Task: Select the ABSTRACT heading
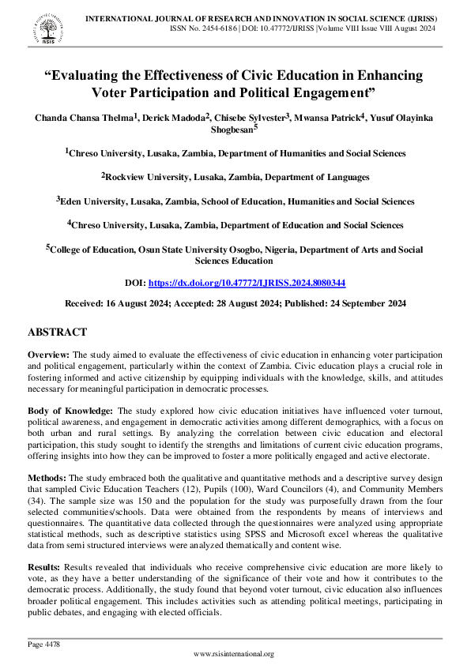pos(57,332)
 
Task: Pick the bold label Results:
pos(45,566)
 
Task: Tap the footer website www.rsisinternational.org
pos(235,653)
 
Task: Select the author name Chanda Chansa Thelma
pos(85,118)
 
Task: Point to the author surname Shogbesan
pos(234,132)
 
